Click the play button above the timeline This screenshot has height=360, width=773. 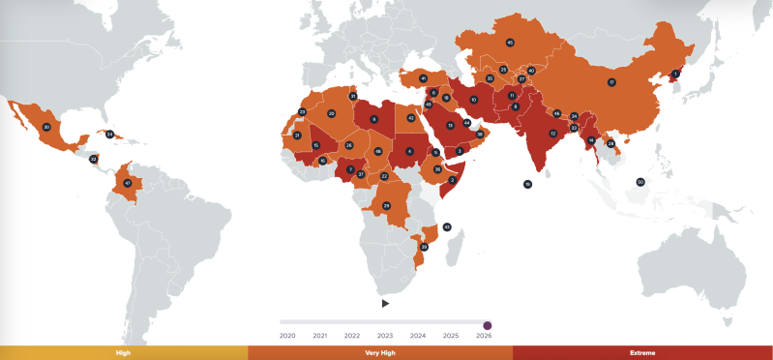coord(385,303)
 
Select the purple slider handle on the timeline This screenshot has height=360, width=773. coord(487,325)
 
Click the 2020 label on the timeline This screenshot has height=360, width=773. coord(287,336)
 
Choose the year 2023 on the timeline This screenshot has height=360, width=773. coord(385,336)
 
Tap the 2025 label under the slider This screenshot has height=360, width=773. coord(451,336)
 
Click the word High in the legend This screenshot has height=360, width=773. coord(123,353)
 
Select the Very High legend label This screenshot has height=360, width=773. coord(380,353)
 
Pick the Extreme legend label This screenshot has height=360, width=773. coord(641,353)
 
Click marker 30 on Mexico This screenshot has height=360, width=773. coord(46,127)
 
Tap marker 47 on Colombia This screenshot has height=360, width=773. coord(127,183)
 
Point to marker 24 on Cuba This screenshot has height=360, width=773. coord(109,134)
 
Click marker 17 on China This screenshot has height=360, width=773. coord(611,82)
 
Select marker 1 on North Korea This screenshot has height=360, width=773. coord(676,74)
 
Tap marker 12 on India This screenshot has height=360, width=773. coord(553,134)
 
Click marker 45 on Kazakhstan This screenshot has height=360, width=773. coord(510,43)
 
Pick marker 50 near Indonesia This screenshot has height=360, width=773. coord(640,182)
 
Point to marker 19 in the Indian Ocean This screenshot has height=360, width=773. coord(527,184)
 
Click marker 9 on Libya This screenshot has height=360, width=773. coord(373,119)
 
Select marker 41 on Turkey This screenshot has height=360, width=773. coord(423,77)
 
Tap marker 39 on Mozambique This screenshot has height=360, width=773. coord(424,247)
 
